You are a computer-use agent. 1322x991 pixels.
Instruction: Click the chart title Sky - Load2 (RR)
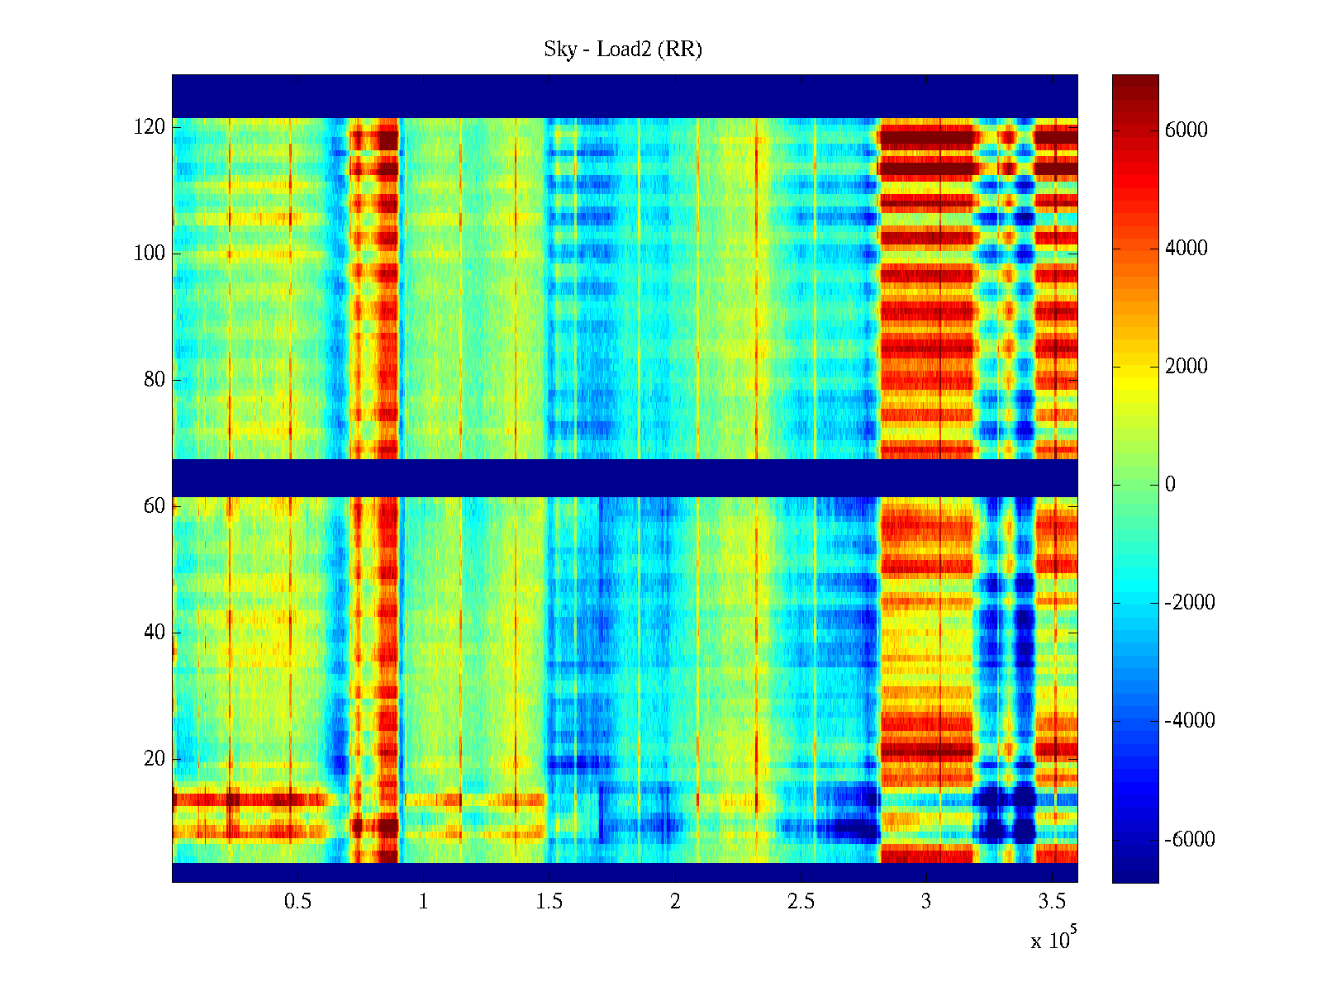pos(623,50)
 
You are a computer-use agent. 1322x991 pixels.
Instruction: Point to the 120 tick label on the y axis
pos(150,127)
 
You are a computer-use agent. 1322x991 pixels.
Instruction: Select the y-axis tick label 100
pos(150,254)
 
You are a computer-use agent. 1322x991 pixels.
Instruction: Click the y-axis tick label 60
pos(155,506)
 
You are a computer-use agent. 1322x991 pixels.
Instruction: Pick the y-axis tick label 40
pos(155,633)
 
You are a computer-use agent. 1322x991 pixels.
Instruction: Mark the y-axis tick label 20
pos(155,759)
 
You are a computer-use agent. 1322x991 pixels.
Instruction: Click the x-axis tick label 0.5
pos(297,902)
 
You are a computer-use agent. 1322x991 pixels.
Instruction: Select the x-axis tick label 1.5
pos(549,902)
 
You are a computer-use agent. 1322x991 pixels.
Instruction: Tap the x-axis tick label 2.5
pos(801,902)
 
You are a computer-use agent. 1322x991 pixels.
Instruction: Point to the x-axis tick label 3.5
pos(1052,902)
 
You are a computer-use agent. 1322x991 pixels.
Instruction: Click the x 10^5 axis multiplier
pos(1053,940)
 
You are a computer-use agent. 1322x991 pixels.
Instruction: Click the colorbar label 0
pos(1170,485)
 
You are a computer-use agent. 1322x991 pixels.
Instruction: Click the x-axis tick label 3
pos(926,902)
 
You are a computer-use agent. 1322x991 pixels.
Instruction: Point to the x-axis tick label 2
pos(675,902)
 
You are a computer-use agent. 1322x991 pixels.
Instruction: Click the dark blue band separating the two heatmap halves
pos(625,477)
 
